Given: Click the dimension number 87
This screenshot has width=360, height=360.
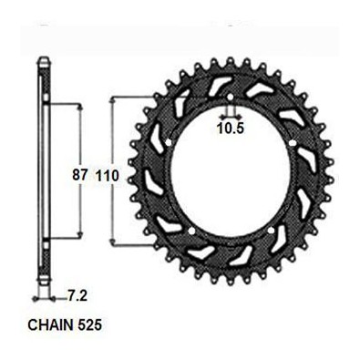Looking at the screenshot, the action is coord(80,176).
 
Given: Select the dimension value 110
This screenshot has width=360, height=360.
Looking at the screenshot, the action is coord(108,176).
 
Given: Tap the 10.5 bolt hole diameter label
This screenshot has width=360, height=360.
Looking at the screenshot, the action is coord(231,129).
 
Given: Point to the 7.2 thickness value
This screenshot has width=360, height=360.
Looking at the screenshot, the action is coord(77,296).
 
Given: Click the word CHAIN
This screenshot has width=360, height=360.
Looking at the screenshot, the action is coord(51,325).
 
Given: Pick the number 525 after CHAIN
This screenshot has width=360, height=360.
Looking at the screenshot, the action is coord(89,325).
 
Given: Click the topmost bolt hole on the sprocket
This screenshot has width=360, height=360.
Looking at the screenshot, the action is coord(231,98).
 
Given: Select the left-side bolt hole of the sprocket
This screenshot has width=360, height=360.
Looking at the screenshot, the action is coord(169,142).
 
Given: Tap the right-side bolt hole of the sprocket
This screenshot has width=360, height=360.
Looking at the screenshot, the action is coord(293,143).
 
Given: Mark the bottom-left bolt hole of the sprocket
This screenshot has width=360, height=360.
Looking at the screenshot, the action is coord(191,231).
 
